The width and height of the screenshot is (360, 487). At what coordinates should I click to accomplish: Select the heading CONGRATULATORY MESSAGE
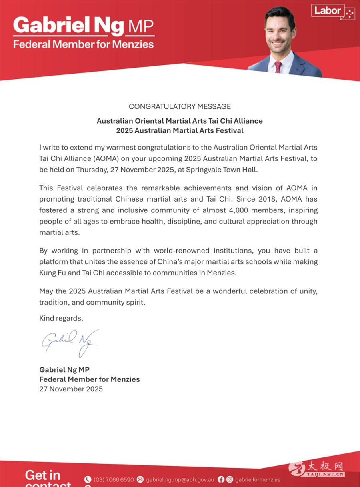[x=180, y=106]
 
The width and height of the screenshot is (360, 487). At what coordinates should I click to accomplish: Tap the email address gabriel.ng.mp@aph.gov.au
[x=180, y=479]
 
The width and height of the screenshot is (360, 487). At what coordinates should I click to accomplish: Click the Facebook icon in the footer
[x=221, y=479]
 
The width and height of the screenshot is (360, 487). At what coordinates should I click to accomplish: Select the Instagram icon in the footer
[x=230, y=479]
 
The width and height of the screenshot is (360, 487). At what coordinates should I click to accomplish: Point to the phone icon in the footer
[x=88, y=479]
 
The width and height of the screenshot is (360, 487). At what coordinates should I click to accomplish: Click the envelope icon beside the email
[x=140, y=479]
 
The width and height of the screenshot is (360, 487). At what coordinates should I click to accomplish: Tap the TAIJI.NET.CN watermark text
[x=325, y=474]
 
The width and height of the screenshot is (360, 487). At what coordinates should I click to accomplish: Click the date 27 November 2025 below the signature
[x=71, y=389]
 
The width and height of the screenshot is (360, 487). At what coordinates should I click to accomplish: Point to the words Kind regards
[x=61, y=318]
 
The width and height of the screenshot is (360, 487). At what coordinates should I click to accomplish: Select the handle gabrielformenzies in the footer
[x=258, y=479]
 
